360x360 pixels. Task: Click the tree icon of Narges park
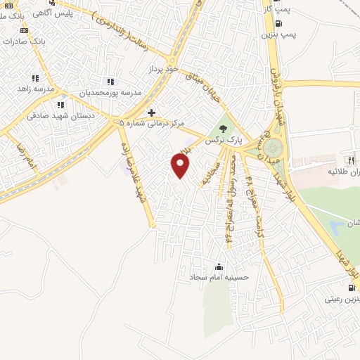click(223, 127)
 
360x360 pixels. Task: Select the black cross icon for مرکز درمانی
click(151, 112)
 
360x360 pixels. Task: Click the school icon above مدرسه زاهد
click(34, 78)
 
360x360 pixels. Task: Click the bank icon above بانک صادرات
click(25, 30)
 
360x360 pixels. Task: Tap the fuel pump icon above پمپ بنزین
click(279, 23)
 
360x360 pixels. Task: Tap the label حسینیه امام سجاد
click(218, 278)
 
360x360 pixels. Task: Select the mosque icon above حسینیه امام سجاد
click(219, 266)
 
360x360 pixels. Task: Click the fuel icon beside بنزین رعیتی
click(351, 287)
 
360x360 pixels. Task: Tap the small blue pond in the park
click(337, 226)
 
